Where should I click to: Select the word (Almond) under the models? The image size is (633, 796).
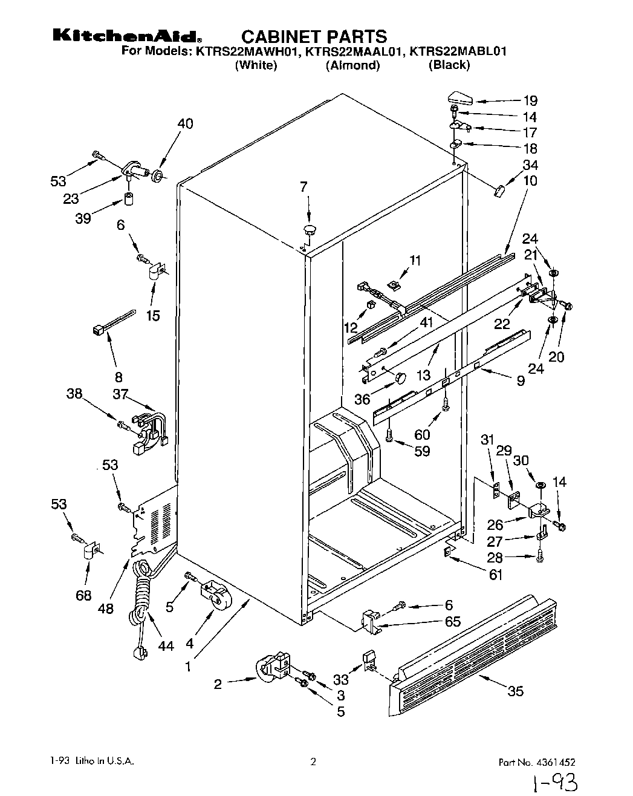pyautogui.click(x=352, y=65)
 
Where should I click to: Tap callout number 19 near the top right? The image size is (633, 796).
pyautogui.click(x=530, y=101)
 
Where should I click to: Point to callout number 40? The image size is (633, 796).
pyautogui.click(x=185, y=123)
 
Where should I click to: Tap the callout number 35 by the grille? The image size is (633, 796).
pyautogui.click(x=515, y=691)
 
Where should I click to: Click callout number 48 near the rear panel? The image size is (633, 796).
pyautogui.click(x=106, y=608)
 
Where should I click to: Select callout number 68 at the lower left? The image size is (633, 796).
pyautogui.click(x=83, y=596)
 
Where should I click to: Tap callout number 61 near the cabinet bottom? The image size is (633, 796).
pyautogui.click(x=495, y=575)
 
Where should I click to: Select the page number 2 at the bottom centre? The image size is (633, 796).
pyautogui.click(x=313, y=762)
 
